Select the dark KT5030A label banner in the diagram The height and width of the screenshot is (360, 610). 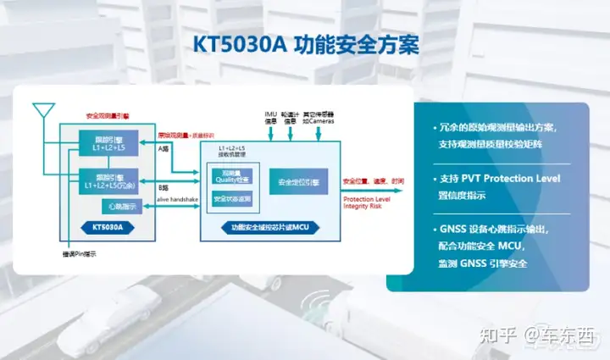pyautogui.click(x=103, y=227)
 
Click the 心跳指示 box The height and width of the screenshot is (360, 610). pyautogui.click(x=113, y=207)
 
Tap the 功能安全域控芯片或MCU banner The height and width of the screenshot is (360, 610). pyautogui.click(x=269, y=228)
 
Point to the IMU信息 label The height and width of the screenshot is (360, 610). pyautogui.click(x=271, y=116)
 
